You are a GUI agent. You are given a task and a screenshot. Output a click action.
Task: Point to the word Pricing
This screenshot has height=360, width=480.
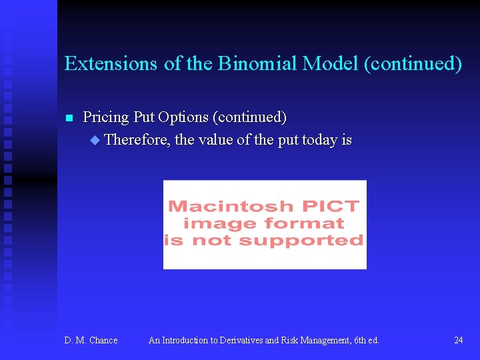click(x=105, y=118)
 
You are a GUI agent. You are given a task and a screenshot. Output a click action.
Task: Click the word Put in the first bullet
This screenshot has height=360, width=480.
click(x=144, y=118)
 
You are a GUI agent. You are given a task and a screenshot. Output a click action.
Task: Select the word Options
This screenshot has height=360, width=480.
click(x=183, y=118)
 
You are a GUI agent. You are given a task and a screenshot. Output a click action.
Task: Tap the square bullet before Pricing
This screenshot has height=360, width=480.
click(x=68, y=119)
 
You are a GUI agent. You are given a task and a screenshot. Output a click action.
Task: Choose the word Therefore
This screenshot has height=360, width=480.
click(x=137, y=141)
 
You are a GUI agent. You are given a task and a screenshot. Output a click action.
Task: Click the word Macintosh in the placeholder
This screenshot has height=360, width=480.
click(x=230, y=207)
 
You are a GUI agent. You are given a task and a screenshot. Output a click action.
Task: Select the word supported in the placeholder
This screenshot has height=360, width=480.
click(x=312, y=241)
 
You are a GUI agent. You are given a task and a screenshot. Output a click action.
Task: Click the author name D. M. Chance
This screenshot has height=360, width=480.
click(x=91, y=341)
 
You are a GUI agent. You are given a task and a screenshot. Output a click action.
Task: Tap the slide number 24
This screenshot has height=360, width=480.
click(x=459, y=341)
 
